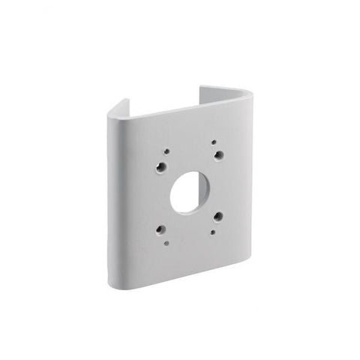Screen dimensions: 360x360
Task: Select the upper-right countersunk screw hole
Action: coord(218,154)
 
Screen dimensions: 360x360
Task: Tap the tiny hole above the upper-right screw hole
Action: coord(214,141)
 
